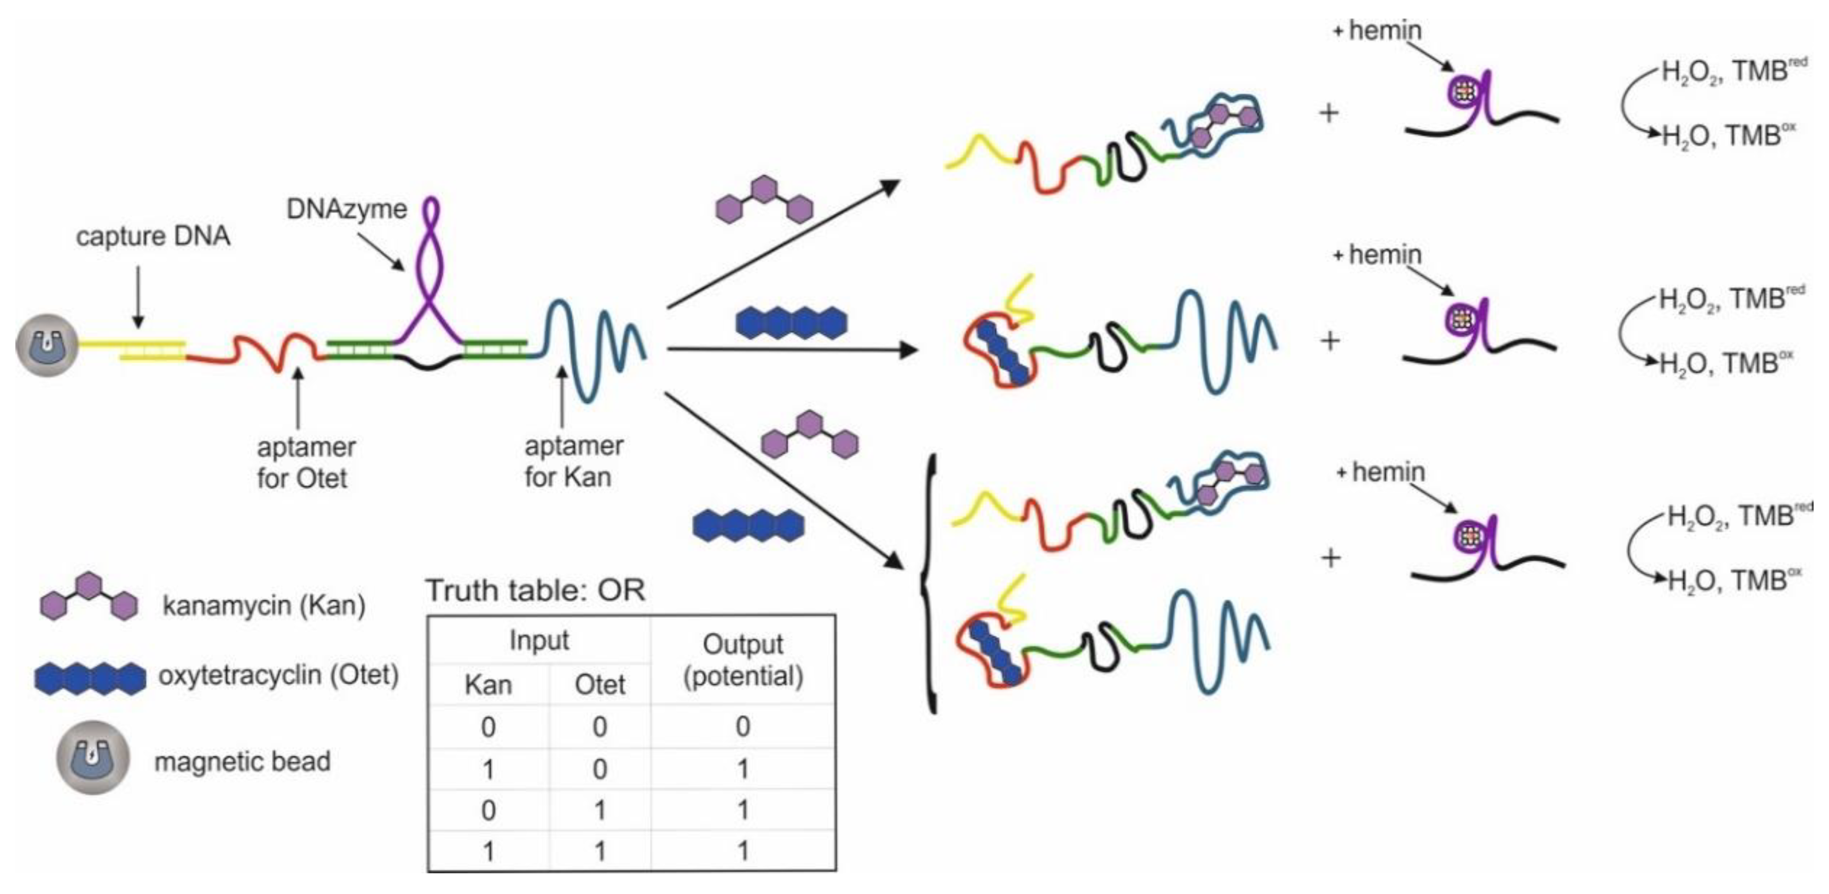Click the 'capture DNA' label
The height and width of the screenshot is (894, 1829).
coord(153,236)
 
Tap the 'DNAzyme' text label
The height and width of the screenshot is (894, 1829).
coord(347,209)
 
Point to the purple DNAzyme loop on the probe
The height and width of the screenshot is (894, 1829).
coord(431,270)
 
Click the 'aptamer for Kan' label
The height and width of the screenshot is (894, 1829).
coord(572,461)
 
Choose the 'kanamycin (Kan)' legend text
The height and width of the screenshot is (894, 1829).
coord(263,606)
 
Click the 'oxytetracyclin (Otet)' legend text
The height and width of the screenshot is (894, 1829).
coord(278,675)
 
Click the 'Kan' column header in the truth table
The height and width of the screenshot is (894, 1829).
coord(488,685)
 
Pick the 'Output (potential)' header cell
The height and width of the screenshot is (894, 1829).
coord(743,660)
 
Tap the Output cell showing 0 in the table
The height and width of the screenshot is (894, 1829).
coord(743,726)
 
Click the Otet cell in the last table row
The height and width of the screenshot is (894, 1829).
coord(600,850)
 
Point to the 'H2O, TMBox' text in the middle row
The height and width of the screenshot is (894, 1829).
coord(1725,364)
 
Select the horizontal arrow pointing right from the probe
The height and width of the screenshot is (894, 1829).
coord(792,349)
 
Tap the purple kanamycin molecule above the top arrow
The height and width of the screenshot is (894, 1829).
coord(763,200)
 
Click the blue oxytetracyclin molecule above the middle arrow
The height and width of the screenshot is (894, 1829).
coord(791,322)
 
